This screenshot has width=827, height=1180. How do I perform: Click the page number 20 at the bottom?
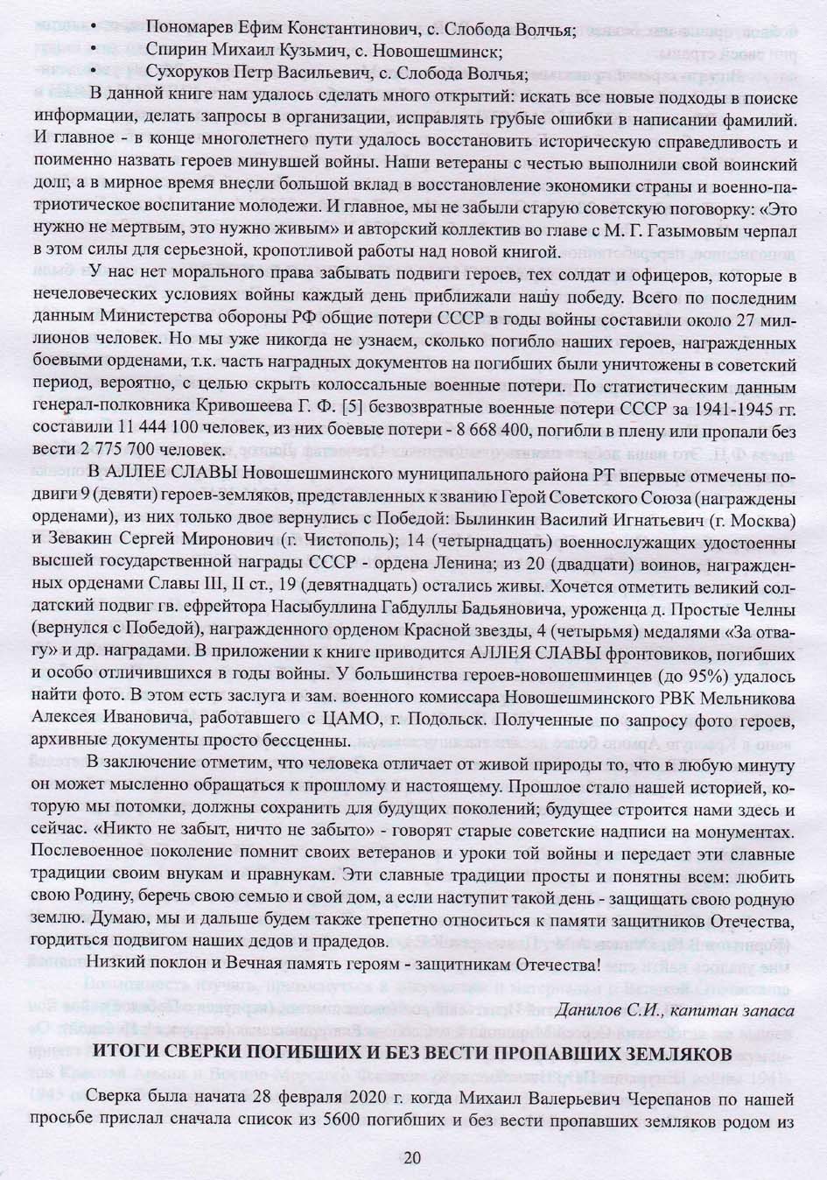(x=413, y=1156)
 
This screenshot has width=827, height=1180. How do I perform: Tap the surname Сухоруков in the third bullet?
(x=188, y=72)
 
